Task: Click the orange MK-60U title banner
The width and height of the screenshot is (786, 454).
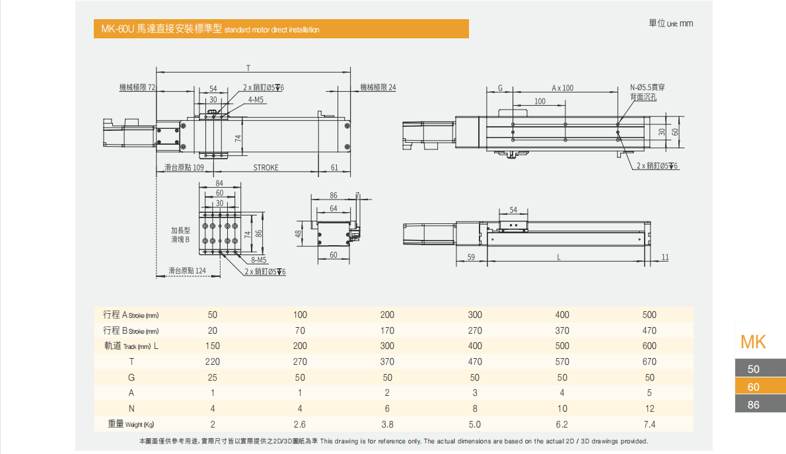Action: coord(281,29)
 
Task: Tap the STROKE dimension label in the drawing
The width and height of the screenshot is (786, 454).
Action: coord(266,168)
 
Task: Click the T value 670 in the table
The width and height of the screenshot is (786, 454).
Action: coord(649,361)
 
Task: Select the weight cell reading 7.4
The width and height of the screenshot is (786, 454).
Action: coord(649,424)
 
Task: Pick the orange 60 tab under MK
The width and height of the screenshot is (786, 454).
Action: coord(754,387)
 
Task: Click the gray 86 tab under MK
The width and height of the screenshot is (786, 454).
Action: coord(754,404)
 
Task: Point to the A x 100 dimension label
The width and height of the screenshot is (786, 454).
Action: coord(563,88)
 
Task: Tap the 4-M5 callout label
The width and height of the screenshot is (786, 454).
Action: coord(256,100)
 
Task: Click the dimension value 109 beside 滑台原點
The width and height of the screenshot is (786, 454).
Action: coord(198,168)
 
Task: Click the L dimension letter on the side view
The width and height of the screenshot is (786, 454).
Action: coord(559,257)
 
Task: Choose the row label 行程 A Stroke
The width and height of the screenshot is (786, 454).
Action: coord(131,315)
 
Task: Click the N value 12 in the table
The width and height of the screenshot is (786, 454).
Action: coord(649,408)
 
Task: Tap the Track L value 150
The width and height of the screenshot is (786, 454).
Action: coord(212,346)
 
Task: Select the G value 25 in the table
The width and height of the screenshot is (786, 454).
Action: coord(212,377)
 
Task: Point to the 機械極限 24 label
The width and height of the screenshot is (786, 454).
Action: coord(378,87)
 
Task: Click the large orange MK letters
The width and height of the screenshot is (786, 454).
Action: coord(754,342)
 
